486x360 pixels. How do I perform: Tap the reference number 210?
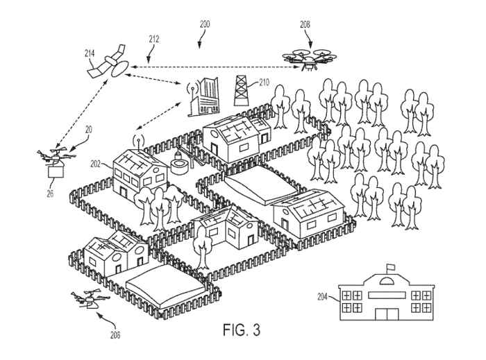[264, 81]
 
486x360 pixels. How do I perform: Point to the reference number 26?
[50, 194]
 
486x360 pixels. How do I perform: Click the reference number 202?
[96, 164]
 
